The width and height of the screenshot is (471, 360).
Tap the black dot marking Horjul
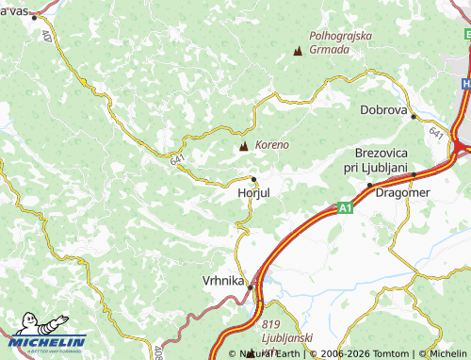click(253, 179)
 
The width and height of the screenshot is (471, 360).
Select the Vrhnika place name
click(223, 281)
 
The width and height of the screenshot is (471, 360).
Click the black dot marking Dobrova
click(414, 117)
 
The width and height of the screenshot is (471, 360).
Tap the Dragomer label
click(403, 192)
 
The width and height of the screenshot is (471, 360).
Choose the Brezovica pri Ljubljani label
click(381, 159)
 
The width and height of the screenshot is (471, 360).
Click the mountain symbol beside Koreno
click(244, 146)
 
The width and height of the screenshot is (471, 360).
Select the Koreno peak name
click(271, 145)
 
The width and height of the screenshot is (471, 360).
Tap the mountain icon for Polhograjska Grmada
click(299, 51)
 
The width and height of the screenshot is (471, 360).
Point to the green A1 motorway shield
click(346, 207)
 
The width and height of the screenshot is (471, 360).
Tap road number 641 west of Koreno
click(179, 161)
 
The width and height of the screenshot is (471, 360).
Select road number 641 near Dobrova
click(436, 135)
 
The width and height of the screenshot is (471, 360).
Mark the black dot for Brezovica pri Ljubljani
click(369, 185)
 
